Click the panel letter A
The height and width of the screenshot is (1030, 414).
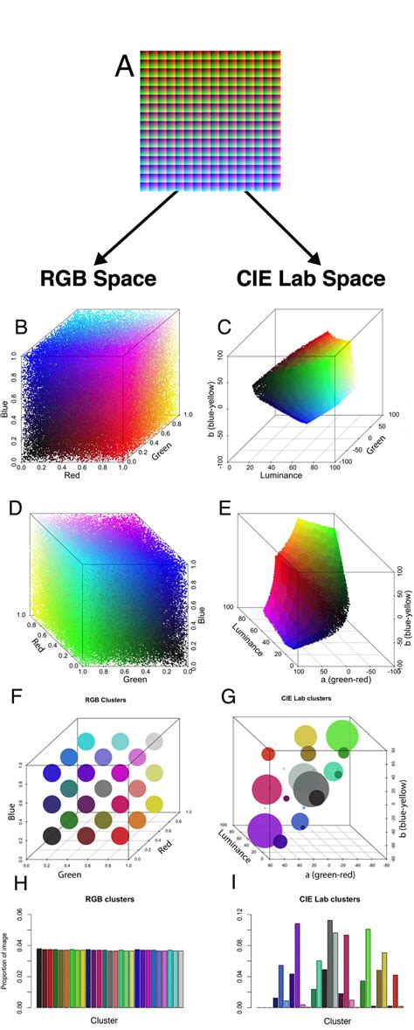[x=125, y=66]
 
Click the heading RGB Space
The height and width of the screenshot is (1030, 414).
[x=98, y=279]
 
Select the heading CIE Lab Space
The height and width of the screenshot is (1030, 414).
[x=310, y=279]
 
